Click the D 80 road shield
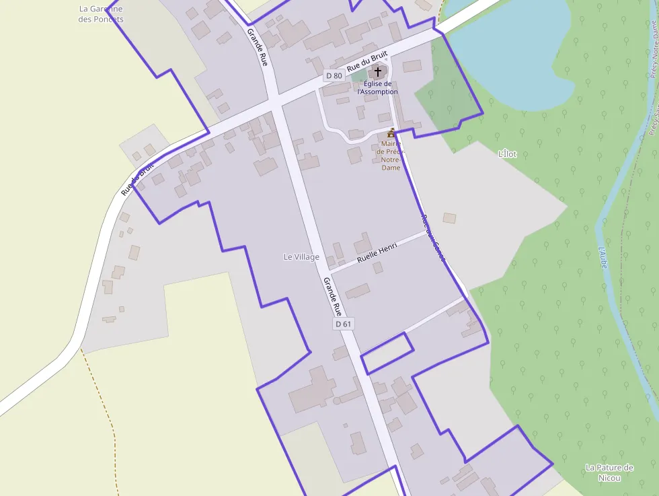pyautogui.click(x=334, y=76)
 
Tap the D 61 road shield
pyautogui.click(x=343, y=324)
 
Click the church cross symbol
pyautogui.click(x=378, y=71)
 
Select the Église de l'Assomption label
pyautogui.click(x=377, y=87)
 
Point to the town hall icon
pyautogui.click(x=391, y=133)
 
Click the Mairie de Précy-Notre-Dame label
pyautogui.click(x=391, y=155)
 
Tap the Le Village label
pyautogui.click(x=301, y=257)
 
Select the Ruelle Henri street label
pyautogui.click(x=377, y=252)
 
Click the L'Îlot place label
pyautogui.click(x=507, y=154)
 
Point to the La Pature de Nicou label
pyautogui.click(x=609, y=472)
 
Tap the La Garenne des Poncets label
pyautogui.click(x=101, y=14)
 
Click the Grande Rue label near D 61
pyautogui.click(x=333, y=296)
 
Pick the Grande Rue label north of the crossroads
pyautogui.click(x=258, y=46)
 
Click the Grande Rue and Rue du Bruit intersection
pyautogui.click(x=276, y=106)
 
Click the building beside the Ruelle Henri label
pyautogui.click(x=363, y=242)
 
